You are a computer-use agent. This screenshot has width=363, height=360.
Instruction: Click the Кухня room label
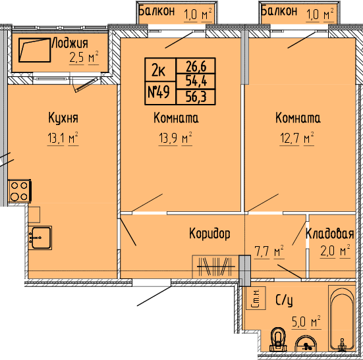(x=63, y=118)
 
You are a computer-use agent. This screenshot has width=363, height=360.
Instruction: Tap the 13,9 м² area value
(x=175, y=138)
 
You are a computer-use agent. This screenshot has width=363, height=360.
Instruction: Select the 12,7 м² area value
(x=296, y=138)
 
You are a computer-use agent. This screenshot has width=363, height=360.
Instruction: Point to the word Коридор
(x=209, y=234)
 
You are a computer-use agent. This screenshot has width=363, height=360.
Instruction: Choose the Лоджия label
(x=70, y=43)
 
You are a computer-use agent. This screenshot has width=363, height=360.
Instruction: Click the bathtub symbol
(x=342, y=319)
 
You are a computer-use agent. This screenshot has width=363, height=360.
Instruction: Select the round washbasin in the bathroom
(x=306, y=344)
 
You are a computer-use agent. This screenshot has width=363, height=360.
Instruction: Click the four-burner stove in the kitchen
(x=20, y=192)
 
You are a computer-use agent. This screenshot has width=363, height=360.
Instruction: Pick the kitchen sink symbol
(x=40, y=238)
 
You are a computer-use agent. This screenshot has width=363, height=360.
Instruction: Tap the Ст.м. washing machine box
(x=256, y=297)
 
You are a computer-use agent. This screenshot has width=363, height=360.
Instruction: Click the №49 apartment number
(x=159, y=92)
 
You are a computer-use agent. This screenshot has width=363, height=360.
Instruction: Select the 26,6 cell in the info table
(x=196, y=66)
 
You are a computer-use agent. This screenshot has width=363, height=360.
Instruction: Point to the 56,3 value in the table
(x=196, y=96)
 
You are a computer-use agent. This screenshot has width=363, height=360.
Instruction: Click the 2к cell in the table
(x=159, y=70)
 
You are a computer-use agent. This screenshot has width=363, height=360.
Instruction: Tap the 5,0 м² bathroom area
(x=306, y=322)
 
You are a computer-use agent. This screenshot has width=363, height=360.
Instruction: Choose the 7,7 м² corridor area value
(x=269, y=251)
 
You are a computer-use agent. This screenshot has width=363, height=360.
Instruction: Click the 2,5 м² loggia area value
(x=84, y=57)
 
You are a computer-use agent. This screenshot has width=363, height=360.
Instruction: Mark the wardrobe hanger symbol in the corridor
(x=216, y=267)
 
